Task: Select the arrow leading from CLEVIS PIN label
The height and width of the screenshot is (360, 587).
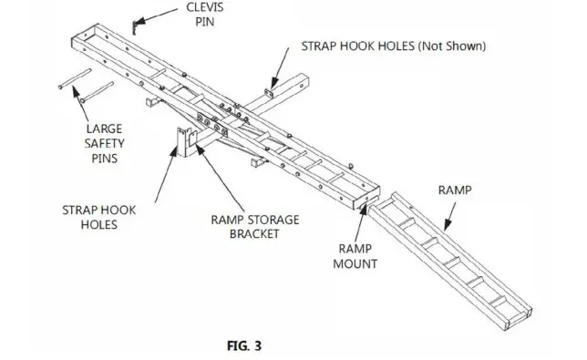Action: pos(159,15)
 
